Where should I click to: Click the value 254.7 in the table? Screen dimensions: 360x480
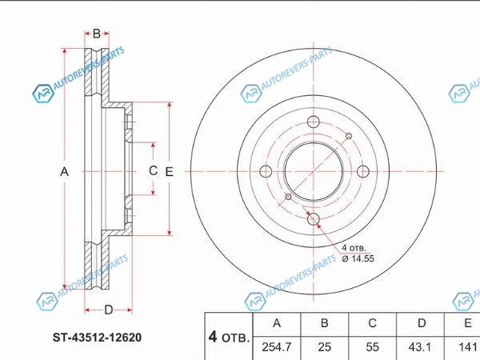277,348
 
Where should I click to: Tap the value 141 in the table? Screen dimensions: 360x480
467,348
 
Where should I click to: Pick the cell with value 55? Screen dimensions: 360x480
372,348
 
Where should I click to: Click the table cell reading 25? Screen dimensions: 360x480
325,348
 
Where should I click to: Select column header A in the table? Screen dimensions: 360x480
277,323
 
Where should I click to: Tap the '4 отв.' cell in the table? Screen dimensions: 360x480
229,335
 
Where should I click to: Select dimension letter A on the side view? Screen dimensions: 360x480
66,171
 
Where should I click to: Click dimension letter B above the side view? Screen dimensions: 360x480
97,34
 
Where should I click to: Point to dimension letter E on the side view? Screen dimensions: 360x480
169,171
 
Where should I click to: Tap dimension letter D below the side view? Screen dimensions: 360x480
107,310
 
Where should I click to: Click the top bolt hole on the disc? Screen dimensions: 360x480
314,123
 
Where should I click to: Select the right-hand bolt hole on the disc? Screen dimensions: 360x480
362,171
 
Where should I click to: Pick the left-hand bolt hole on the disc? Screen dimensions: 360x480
266,171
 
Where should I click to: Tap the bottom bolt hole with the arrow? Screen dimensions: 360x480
314,219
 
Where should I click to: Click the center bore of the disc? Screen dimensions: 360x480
314,171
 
